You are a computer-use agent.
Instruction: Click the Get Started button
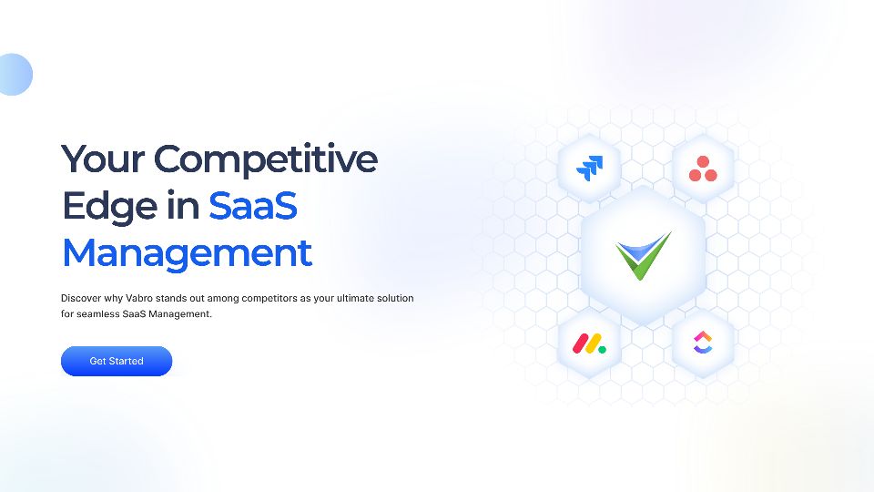coord(117,361)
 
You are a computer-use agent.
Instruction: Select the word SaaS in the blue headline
coord(253,206)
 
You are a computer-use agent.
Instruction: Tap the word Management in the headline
coord(187,252)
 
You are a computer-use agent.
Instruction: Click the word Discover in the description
coord(82,298)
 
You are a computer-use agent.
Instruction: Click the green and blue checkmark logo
coord(643,254)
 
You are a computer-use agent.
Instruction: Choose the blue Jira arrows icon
coord(589,168)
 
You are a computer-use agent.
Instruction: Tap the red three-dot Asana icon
coord(702,169)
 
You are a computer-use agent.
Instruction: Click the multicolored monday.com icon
coord(589,343)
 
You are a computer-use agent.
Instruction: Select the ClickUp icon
coord(704,343)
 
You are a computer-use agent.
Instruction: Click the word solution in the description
coord(397,298)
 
